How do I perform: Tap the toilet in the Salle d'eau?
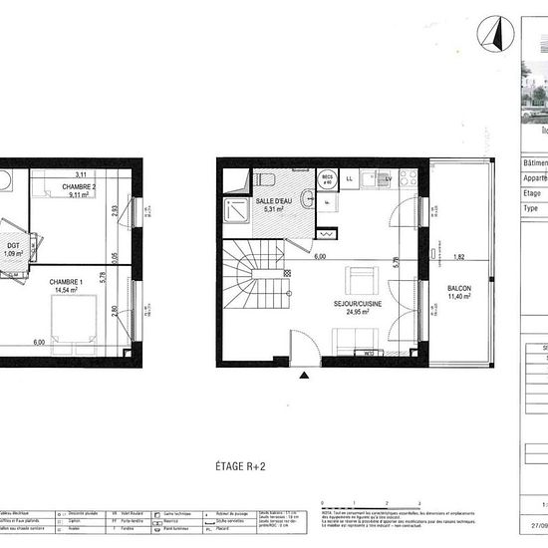click(x=268, y=179)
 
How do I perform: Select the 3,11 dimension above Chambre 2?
click(x=81, y=175)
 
